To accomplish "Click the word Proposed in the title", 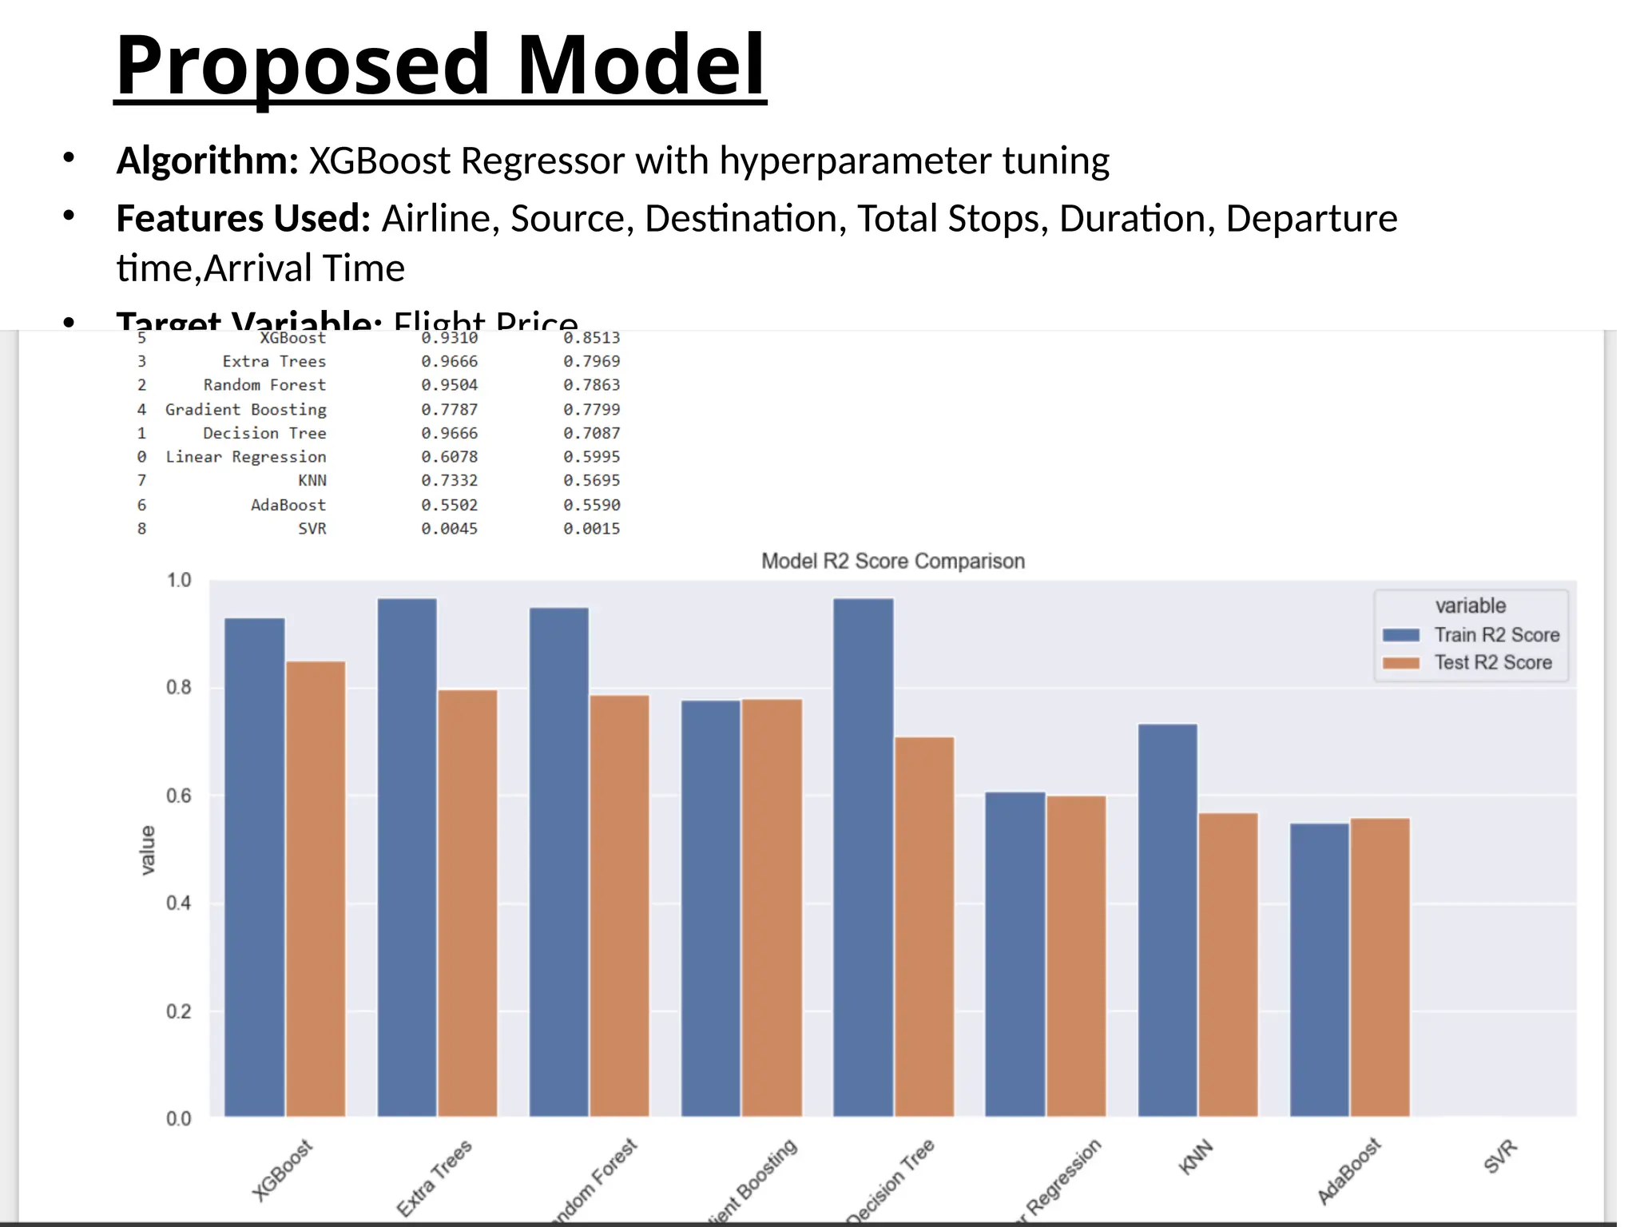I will [x=302, y=66].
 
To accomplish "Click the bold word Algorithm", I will [x=207, y=161].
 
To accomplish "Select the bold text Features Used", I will [x=243, y=218].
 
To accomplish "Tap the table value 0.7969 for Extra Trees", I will [x=591, y=361].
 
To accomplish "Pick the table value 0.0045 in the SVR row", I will [x=449, y=528].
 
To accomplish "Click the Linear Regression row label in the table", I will [x=245, y=456].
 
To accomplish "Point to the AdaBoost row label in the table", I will [x=288, y=505].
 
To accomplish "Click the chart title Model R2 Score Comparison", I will [x=892, y=561].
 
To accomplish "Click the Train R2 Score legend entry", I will [x=1495, y=634].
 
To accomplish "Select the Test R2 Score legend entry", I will [x=1491, y=662].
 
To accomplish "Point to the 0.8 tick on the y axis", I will [x=179, y=688].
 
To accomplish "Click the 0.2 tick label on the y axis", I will [x=179, y=1011].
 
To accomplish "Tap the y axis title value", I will [x=148, y=850].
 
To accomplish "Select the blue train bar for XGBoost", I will [x=254, y=867].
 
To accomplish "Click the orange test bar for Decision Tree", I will [x=924, y=927].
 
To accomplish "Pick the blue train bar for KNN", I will [x=1167, y=919].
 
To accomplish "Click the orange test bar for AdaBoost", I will [x=1380, y=967].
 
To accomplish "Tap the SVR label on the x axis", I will [x=1499, y=1156].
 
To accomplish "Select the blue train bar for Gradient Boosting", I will [x=710, y=907].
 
